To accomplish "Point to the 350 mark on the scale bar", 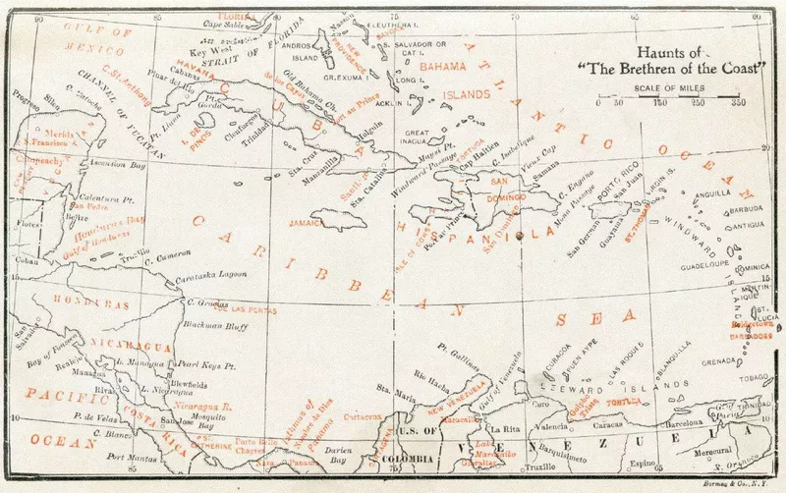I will [x=737, y=102].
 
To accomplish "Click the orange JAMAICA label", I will [x=309, y=223].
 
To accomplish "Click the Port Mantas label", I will [x=132, y=457].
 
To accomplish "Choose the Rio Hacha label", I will [x=433, y=376].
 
